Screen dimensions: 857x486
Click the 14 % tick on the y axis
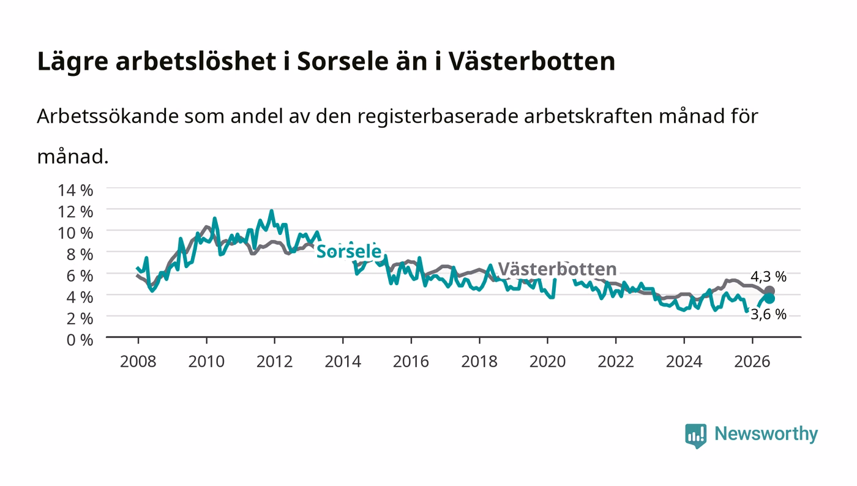coord(75,190)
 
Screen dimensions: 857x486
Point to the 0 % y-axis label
coord(80,340)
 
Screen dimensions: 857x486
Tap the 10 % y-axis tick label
coord(75,233)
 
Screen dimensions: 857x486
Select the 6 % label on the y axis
coord(80,275)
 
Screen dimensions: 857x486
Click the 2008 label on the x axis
coord(138,361)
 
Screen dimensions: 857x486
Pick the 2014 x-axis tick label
coord(343,361)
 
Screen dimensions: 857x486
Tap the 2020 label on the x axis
coord(547,361)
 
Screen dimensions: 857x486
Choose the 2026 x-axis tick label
coord(752,361)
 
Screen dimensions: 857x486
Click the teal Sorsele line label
coord(349,252)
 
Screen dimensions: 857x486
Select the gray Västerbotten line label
coord(558,269)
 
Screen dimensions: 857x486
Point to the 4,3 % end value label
coord(768,276)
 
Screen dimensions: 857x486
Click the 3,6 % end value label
coord(768,314)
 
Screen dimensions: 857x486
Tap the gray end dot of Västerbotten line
coord(769,291)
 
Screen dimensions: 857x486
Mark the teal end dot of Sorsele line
coord(769,299)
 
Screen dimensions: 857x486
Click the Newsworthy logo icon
coord(695,435)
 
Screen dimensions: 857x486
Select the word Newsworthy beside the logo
coord(766,434)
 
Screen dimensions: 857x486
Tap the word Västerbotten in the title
coord(532,61)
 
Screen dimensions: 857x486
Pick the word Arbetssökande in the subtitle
coord(108,116)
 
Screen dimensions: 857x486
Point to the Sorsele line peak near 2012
coord(272,211)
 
